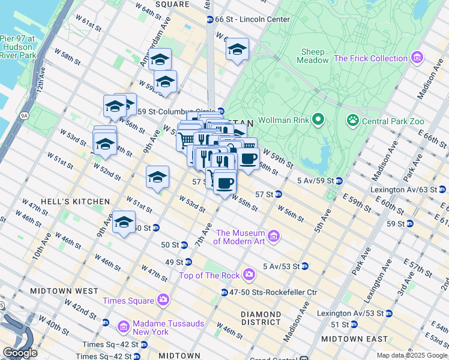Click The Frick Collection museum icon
pos(416,59)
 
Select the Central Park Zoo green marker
pos(352,121)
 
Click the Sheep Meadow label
pos(313,56)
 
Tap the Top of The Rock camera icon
pos(249,275)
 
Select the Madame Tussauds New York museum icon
pos(124,326)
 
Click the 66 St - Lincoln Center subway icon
pos(209,20)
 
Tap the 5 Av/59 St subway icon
pos(339,181)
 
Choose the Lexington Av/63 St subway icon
pos(444,190)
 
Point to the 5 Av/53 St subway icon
pos(305,266)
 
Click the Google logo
pos(20,352)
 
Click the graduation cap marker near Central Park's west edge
pos(237,49)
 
